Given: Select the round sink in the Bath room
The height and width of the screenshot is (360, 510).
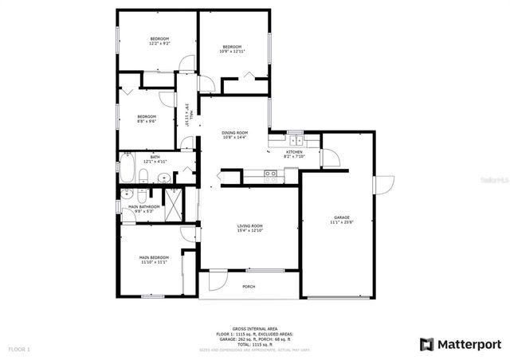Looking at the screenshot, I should [x=163, y=178].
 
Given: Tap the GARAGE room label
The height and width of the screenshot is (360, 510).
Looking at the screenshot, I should [x=342, y=217].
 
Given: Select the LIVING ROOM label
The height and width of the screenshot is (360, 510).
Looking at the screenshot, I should [x=249, y=225].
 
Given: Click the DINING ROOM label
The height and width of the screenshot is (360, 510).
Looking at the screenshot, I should [x=234, y=132].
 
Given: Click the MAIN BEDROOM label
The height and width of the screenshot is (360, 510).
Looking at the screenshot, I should [x=154, y=257].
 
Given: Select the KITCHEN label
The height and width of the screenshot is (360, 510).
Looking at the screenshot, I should [x=294, y=151].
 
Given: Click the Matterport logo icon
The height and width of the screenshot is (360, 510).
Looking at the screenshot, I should [x=426, y=344].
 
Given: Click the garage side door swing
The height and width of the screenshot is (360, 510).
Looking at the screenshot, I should [x=383, y=182].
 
